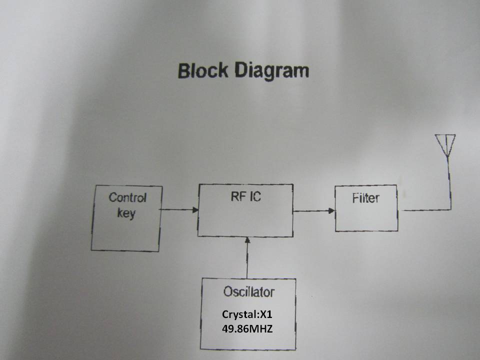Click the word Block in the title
199,71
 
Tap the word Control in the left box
127,197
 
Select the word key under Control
125,214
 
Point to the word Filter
365,198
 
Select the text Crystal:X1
248,315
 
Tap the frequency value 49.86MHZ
248,329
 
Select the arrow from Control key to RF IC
179,210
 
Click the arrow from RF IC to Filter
314,210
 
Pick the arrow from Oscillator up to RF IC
246,257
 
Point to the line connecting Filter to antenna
425,210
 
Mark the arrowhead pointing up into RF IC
246,241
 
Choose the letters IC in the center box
254,196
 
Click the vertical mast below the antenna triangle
449,180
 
